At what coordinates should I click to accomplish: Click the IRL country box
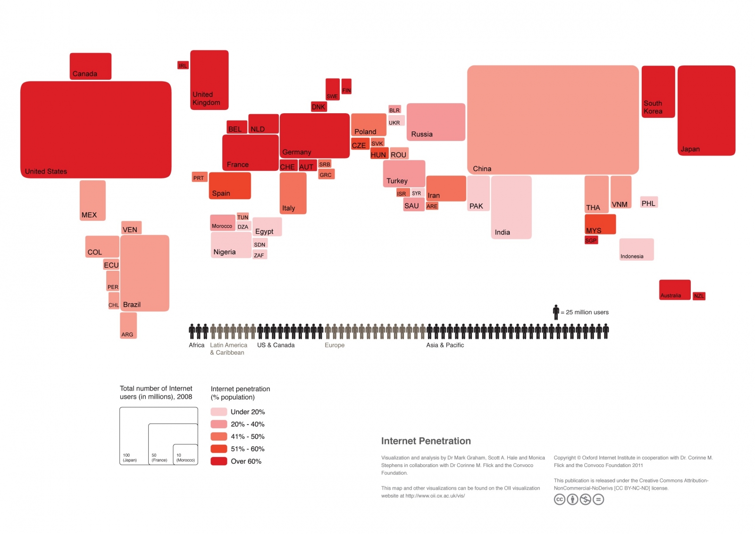183,66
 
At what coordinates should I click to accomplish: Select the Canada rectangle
91,66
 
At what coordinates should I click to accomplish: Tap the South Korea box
658,92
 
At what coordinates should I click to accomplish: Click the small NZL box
699,296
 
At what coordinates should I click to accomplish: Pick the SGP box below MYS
591,240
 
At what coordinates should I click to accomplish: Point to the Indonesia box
636,249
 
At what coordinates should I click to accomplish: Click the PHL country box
648,202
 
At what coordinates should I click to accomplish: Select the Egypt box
267,227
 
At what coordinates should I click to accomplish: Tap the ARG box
128,325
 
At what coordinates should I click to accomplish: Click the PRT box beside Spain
199,177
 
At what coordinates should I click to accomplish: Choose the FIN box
346,86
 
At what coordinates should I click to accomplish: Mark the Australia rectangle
674,290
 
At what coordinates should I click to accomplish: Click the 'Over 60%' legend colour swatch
219,461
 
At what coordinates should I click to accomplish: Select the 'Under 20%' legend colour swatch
219,412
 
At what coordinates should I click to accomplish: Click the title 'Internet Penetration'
426,441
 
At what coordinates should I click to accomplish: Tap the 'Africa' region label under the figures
196,345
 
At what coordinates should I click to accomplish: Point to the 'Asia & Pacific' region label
445,345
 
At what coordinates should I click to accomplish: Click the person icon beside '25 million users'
556,312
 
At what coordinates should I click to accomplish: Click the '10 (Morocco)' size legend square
185,454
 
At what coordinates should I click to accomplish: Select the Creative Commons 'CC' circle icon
559,499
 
